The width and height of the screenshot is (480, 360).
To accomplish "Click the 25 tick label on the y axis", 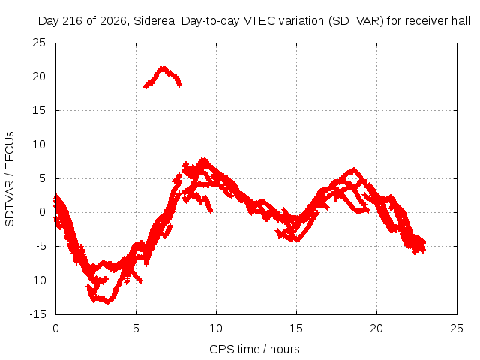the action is pyautogui.click(x=39, y=43).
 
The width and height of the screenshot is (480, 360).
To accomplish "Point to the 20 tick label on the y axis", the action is pyautogui.click(x=39, y=76).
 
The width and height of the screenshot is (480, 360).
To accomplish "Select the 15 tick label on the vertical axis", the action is pyautogui.click(x=39, y=110).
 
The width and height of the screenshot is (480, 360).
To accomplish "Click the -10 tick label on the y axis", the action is pyautogui.click(x=37, y=280).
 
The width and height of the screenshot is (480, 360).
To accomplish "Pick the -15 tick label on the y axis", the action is pyautogui.click(x=37, y=314).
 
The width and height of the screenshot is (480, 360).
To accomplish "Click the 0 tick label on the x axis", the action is pyautogui.click(x=55, y=328).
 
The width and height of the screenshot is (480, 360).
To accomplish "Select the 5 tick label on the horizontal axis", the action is pyautogui.click(x=136, y=328).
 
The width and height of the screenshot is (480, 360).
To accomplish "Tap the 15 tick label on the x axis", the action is pyautogui.click(x=296, y=328).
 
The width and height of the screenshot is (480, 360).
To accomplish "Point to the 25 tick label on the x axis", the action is pyautogui.click(x=457, y=328).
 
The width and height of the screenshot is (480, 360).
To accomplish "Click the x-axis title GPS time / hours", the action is pyautogui.click(x=254, y=349).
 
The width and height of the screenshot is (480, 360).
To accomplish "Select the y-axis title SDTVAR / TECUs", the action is pyautogui.click(x=10, y=179).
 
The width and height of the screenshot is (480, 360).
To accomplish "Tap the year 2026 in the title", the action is pyautogui.click(x=113, y=21).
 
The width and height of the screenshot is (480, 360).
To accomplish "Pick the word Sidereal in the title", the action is pyautogui.click(x=155, y=21).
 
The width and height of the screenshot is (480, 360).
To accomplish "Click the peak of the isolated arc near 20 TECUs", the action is pyautogui.click(x=163, y=67).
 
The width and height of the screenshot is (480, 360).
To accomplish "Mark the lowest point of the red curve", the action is pyautogui.click(x=108, y=302).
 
